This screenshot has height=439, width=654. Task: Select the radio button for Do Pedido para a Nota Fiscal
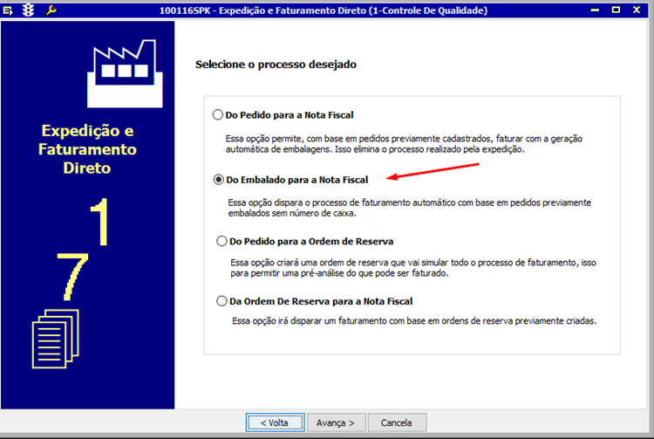click(218, 114)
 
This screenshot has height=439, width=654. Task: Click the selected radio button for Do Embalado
click(219, 180)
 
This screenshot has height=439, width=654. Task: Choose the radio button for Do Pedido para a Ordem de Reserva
click(221, 241)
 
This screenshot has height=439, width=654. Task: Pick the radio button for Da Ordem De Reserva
click(221, 301)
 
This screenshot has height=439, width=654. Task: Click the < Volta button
click(275, 422)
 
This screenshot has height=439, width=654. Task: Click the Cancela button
click(397, 422)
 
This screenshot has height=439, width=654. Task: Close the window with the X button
click(636, 10)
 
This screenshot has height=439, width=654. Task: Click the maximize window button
click(616, 10)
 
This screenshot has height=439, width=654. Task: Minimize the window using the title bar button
click(596, 10)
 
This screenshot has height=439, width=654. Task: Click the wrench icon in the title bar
click(51, 10)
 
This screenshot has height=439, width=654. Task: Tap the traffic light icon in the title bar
click(29, 10)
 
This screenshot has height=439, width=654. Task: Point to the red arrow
click(433, 171)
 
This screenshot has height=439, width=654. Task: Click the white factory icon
click(125, 74)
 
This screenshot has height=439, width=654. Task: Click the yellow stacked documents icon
click(56, 339)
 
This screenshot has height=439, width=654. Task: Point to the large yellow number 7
click(72, 277)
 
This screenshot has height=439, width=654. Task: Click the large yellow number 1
click(100, 222)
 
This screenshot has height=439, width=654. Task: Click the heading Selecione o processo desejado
click(276, 65)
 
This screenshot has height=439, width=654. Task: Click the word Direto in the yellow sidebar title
click(87, 168)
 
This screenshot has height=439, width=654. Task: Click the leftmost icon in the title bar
click(8, 10)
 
